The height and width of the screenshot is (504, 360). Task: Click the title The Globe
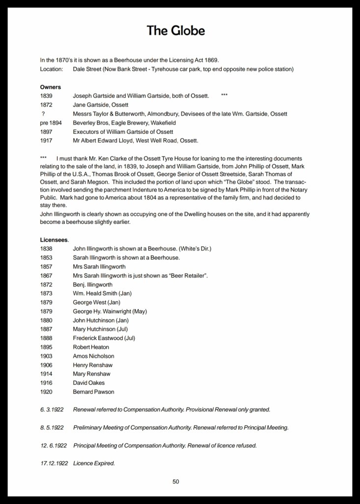(176, 31)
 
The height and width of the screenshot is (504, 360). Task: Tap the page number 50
(176, 481)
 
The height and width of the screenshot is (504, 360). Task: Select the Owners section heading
(51, 87)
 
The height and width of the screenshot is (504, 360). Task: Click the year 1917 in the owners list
(46, 140)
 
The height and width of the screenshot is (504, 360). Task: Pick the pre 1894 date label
(51, 123)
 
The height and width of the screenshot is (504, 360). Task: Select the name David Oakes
(89, 382)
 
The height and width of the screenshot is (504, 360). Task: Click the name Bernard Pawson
(93, 391)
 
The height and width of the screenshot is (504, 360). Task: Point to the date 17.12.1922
(53, 463)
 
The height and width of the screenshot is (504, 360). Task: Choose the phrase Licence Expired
(94, 463)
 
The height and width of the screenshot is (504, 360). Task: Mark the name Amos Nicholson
(93, 356)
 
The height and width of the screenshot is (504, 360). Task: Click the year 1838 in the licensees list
(46, 249)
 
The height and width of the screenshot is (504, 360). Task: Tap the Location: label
(52, 69)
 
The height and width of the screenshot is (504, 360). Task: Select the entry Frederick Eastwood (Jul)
(104, 338)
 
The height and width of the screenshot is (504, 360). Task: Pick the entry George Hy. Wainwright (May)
(110, 311)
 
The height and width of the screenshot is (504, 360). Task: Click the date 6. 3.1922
(52, 409)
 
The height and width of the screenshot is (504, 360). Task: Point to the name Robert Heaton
(91, 347)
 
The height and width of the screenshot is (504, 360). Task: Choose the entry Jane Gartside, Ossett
(100, 105)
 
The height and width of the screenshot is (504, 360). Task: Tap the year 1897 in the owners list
(46, 131)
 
